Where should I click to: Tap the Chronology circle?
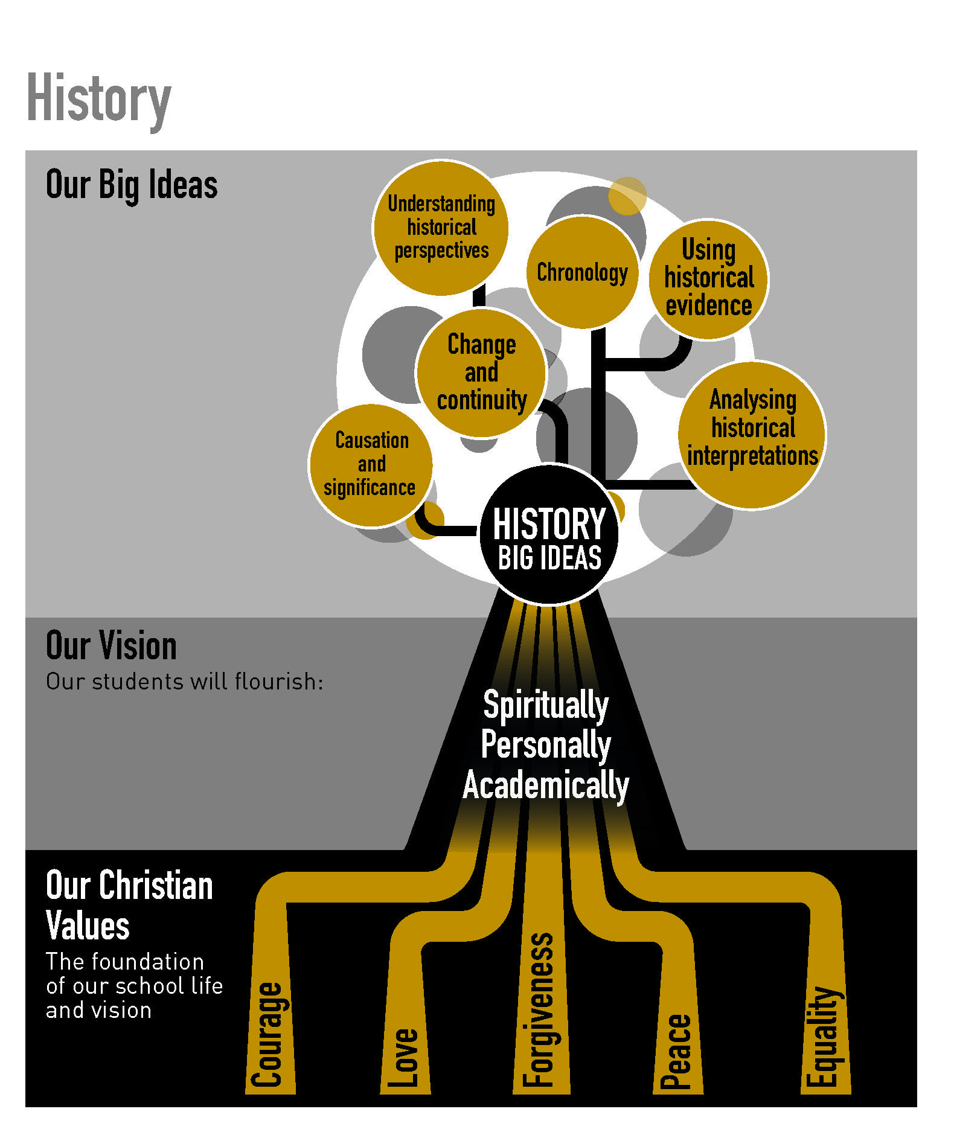pyautogui.click(x=582, y=272)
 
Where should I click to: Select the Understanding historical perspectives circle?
pyautogui.click(x=441, y=228)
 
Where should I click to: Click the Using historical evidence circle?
pyautogui.click(x=708, y=280)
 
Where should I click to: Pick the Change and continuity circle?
pyautogui.click(x=481, y=372)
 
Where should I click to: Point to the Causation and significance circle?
pyautogui.click(x=371, y=465)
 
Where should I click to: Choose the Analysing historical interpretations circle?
pyautogui.click(x=752, y=435)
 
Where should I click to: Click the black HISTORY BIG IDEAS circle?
pyautogui.click(x=549, y=534)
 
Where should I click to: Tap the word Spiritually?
pyautogui.click(x=546, y=705)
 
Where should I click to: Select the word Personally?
pyautogui.click(x=546, y=745)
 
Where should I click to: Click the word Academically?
pyautogui.click(x=546, y=785)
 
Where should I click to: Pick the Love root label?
pyautogui.click(x=403, y=1058)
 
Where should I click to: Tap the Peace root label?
pyautogui.click(x=676, y=1051)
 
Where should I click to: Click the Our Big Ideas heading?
pyautogui.click(x=132, y=185)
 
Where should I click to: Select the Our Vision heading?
pyautogui.click(x=112, y=645)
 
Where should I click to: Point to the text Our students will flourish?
pyautogui.click(x=185, y=682)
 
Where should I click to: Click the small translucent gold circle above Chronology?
pyautogui.click(x=627, y=196)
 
